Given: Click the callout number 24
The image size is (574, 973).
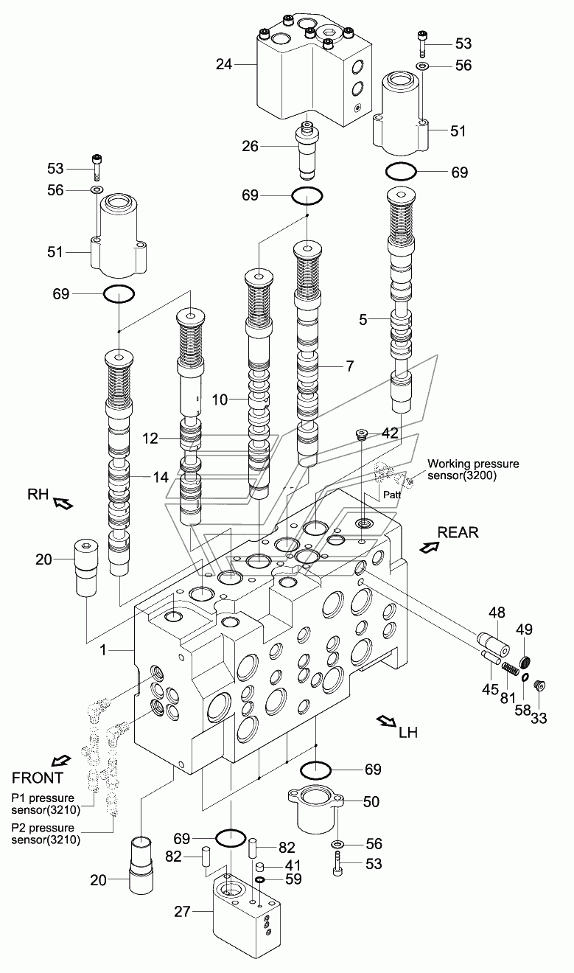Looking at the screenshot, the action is [x=224, y=64].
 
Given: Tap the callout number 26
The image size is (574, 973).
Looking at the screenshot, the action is [x=250, y=147].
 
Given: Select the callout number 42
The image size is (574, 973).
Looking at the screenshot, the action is [x=390, y=433].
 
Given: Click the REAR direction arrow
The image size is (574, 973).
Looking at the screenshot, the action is [x=429, y=547].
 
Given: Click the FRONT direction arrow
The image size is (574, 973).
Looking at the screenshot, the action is [x=60, y=761].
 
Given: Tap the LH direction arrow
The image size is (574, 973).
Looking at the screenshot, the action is [x=387, y=722].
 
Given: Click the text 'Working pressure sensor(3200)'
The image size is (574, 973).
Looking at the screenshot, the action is [x=473, y=470].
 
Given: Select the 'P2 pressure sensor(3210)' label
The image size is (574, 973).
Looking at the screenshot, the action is [x=46, y=834].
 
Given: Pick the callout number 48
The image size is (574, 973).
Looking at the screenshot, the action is [x=497, y=613].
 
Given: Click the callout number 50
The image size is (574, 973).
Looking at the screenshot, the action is [x=371, y=802].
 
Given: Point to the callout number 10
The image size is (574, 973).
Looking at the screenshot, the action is [x=220, y=400].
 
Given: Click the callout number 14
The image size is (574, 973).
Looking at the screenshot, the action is [x=160, y=478].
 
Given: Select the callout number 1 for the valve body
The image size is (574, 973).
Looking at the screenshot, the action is [x=103, y=650].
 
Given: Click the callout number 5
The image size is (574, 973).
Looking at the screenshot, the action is [x=363, y=320].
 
